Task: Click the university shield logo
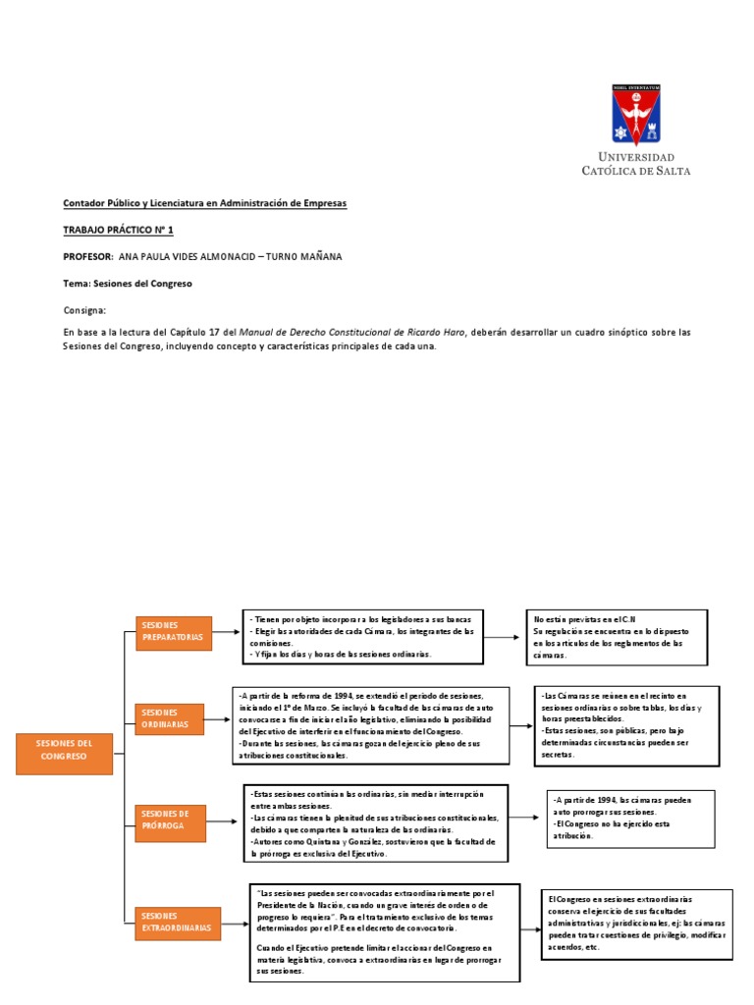636,115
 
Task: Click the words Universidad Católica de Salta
636,163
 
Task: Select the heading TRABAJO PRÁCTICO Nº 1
118,229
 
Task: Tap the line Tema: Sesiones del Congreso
128,283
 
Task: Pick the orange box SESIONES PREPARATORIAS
173,632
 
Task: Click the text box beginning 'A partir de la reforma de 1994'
371,724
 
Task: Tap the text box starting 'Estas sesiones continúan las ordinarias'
375,822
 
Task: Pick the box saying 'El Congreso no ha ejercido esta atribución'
630,818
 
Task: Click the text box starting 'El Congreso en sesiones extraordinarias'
637,923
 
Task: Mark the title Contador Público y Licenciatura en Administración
205,203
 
